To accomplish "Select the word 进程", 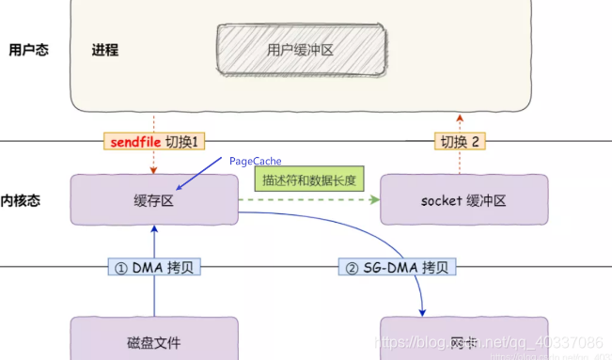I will (x=106, y=49).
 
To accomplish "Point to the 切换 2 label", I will (x=460, y=142).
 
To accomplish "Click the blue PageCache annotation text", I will (x=255, y=162).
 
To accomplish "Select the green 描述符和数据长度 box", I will (x=307, y=180).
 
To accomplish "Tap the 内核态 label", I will (x=21, y=200).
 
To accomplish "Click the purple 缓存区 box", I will (x=153, y=200).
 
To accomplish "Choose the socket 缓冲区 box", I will (x=463, y=200).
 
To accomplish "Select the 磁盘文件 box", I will (x=153, y=339).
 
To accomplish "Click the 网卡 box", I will (x=463, y=339).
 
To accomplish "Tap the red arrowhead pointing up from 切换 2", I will (x=460, y=117).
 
